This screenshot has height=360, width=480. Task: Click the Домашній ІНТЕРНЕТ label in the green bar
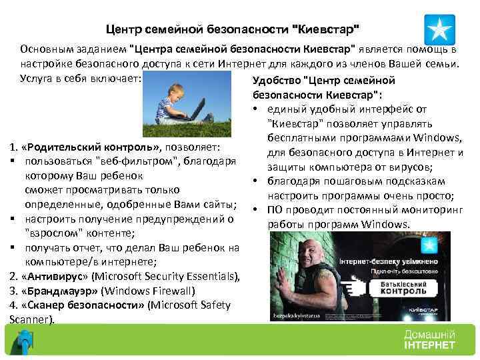pos(429,339)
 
